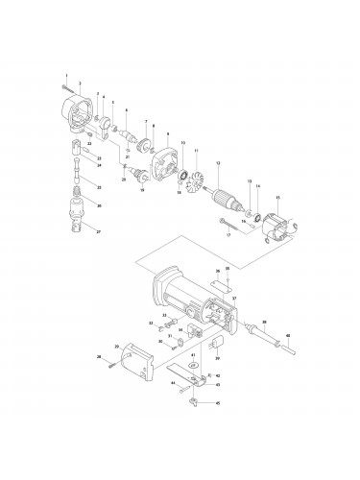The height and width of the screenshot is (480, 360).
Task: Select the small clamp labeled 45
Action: click(198, 401)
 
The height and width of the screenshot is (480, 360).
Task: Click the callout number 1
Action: click(66, 75)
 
